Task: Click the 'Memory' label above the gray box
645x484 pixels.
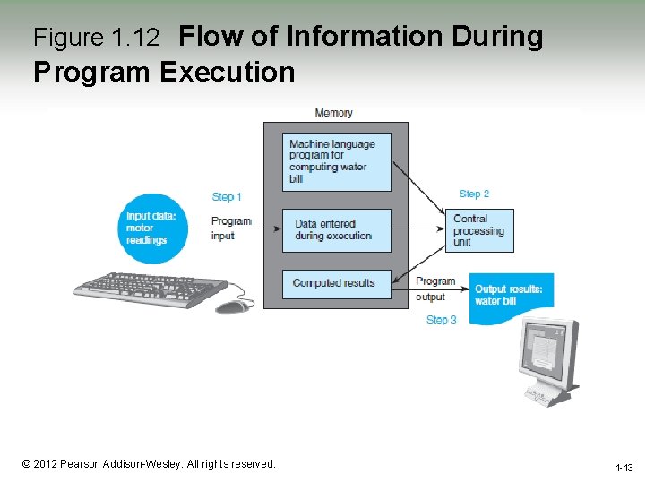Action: coord(333,113)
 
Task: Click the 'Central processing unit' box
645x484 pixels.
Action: coord(480,230)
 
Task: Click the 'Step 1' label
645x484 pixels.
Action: coord(227,197)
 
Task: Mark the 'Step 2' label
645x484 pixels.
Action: coord(474,194)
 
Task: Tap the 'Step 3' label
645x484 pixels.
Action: coord(441,320)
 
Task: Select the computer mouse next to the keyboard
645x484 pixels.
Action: coord(233,307)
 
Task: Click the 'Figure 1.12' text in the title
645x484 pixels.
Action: coord(96,38)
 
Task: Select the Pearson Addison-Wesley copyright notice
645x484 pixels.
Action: coord(149,464)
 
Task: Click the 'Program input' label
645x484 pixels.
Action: coord(230,229)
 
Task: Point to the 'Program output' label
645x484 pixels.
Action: coord(434,290)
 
